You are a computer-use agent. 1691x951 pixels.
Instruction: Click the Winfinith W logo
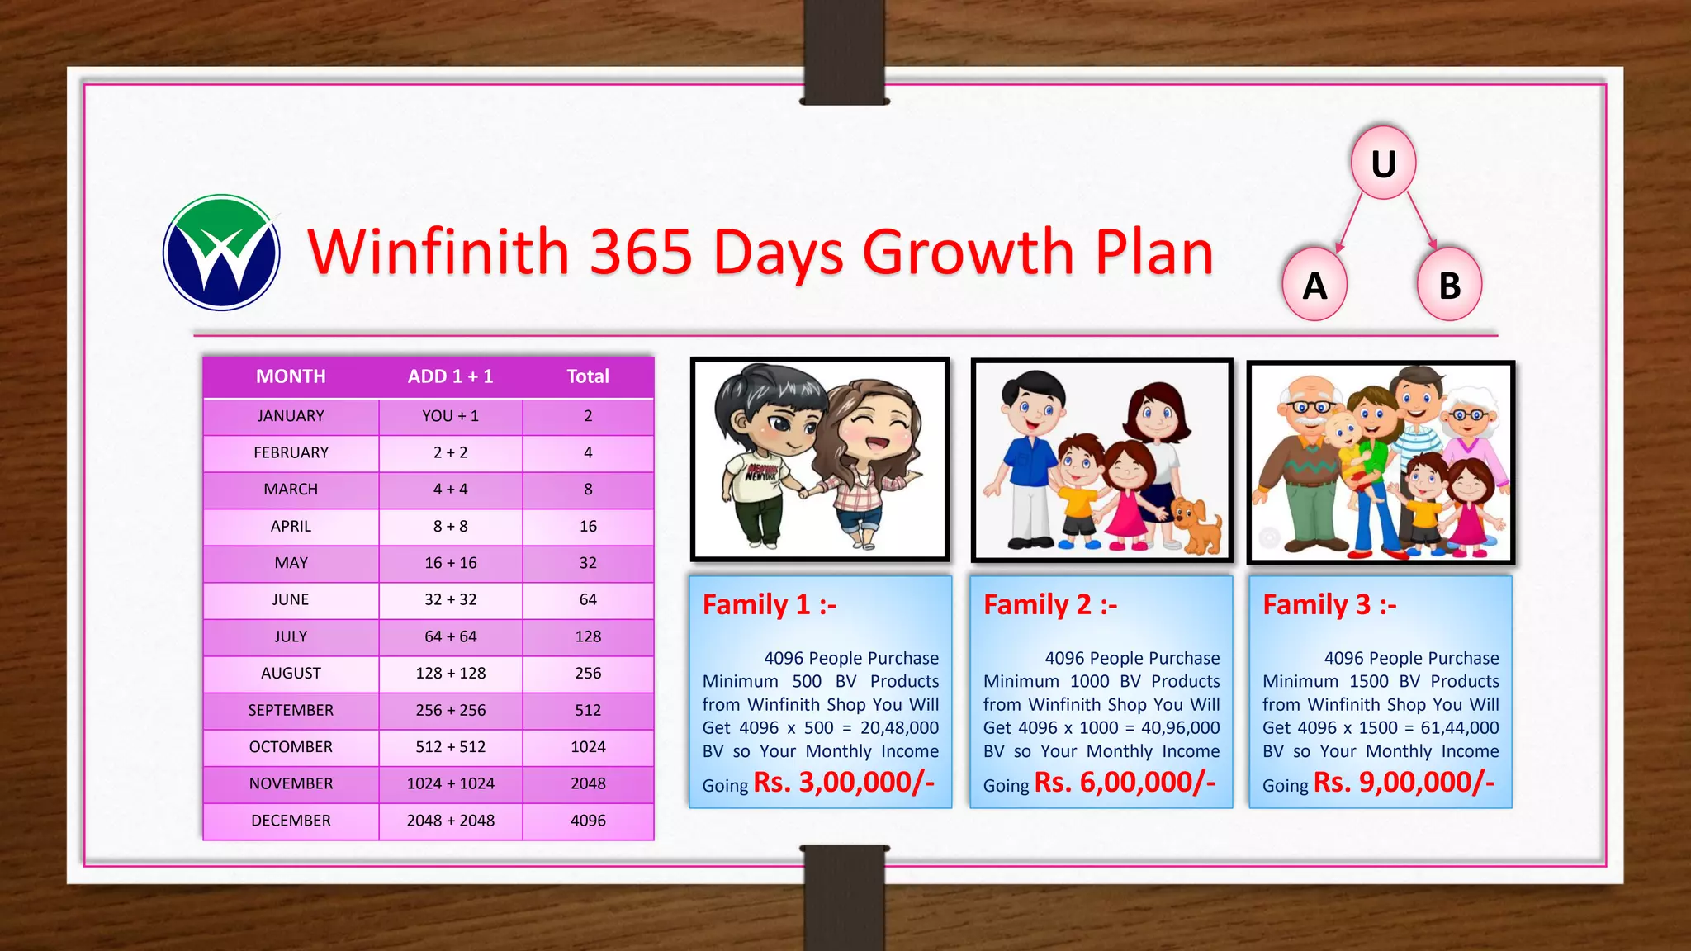pyautogui.click(x=221, y=253)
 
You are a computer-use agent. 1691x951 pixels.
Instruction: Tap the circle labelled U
pyautogui.click(x=1384, y=163)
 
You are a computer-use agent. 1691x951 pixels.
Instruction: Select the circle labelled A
pyautogui.click(x=1314, y=285)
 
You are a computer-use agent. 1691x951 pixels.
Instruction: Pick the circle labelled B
pyautogui.click(x=1449, y=285)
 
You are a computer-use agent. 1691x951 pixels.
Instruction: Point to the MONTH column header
pyautogui.click(x=291, y=376)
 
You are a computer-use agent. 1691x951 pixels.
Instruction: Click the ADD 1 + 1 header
pyautogui.click(x=450, y=376)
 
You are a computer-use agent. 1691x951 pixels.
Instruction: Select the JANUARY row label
pyautogui.click(x=291, y=416)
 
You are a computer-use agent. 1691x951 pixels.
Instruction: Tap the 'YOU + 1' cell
pyautogui.click(x=450, y=416)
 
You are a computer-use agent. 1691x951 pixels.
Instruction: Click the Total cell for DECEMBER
pyautogui.click(x=588, y=821)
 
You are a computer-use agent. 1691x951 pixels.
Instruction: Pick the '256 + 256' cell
pyautogui.click(x=450, y=710)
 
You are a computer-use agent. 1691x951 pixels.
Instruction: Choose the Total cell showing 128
pyautogui.click(x=588, y=636)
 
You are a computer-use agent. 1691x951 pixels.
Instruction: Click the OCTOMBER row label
pyautogui.click(x=291, y=747)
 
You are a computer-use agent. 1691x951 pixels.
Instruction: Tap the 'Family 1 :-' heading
pyautogui.click(x=769, y=605)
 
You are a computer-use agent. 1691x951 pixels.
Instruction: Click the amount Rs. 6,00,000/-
pyautogui.click(x=1125, y=782)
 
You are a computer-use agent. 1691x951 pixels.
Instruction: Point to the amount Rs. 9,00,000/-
pyautogui.click(x=1404, y=782)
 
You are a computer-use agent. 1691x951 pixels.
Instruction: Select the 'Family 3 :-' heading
pyautogui.click(x=1329, y=605)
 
